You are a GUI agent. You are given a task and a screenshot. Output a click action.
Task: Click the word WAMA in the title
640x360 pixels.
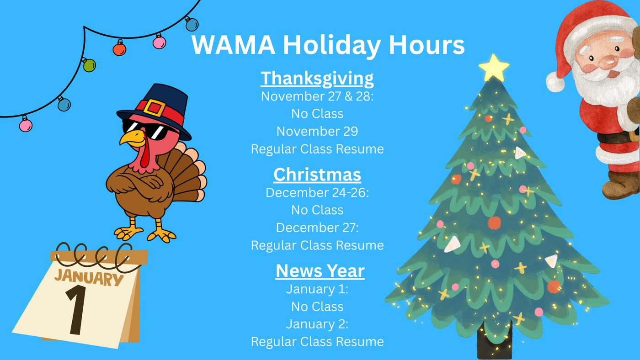click(x=233, y=45)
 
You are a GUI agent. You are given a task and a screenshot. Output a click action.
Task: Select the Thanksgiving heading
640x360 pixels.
click(x=317, y=78)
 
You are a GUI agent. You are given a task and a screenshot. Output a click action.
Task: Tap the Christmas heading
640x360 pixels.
click(x=317, y=174)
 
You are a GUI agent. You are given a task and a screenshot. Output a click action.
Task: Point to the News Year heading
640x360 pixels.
click(x=320, y=270)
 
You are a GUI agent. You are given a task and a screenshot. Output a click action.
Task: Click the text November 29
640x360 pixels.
click(x=317, y=131)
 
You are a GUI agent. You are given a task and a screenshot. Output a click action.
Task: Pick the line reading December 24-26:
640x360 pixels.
click(x=317, y=193)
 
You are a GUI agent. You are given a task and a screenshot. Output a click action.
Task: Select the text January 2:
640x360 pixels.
click(x=317, y=324)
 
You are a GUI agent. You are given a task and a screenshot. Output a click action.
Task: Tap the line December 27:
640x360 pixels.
click(x=317, y=228)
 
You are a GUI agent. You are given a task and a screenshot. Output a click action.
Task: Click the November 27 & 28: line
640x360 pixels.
click(x=317, y=96)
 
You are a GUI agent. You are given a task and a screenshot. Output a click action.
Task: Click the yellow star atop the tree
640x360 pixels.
click(x=494, y=68)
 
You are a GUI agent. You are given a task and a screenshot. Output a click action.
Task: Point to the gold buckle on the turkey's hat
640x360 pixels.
click(x=155, y=108)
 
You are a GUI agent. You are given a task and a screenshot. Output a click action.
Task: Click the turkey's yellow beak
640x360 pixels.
click(x=133, y=139)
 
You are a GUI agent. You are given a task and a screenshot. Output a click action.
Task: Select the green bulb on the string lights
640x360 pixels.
click(x=89, y=65)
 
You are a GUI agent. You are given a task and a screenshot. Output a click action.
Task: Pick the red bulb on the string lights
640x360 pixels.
click(x=119, y=48)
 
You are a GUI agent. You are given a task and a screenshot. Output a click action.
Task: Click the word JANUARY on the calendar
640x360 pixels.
click(x=89, y=277)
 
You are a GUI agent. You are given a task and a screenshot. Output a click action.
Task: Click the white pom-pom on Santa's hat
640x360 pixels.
click(x=555, y=82)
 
